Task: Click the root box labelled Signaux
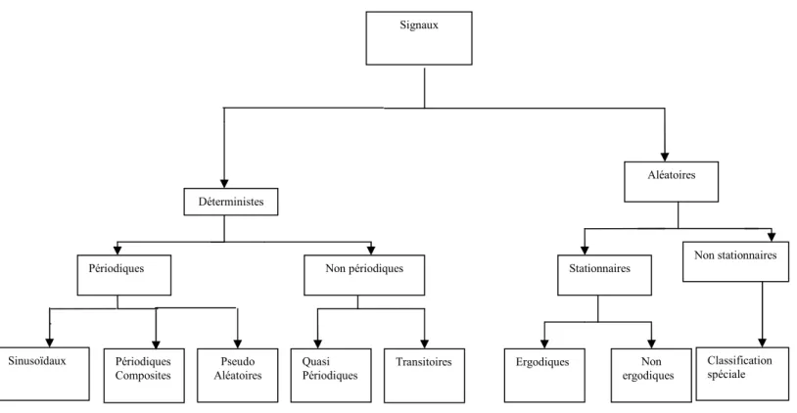(x=419, y=38)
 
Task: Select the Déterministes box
(x=231, y=202)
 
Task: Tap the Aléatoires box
(x=671, y=182)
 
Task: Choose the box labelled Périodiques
(x=124, y=275)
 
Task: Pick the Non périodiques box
(x=364, y=275)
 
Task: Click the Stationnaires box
(x=604, y=275)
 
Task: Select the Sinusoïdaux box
(x=44, y=374)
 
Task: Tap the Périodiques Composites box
(x=144, y=376)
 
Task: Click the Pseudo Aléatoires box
(x=237, y=376)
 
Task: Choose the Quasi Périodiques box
(x=331, y=376)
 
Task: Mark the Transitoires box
(x=424, y=376)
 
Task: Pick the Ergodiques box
(x=544, y=376)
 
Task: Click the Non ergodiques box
(x=651, y=376)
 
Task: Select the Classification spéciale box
(x=742, y=374)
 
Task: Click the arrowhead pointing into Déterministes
(x=224, y=183)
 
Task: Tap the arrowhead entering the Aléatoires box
(x=665, y=157)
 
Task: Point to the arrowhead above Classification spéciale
(x=762, y=343)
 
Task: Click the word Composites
(x=143, y=376)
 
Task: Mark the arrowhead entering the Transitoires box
(x=424, y=344)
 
